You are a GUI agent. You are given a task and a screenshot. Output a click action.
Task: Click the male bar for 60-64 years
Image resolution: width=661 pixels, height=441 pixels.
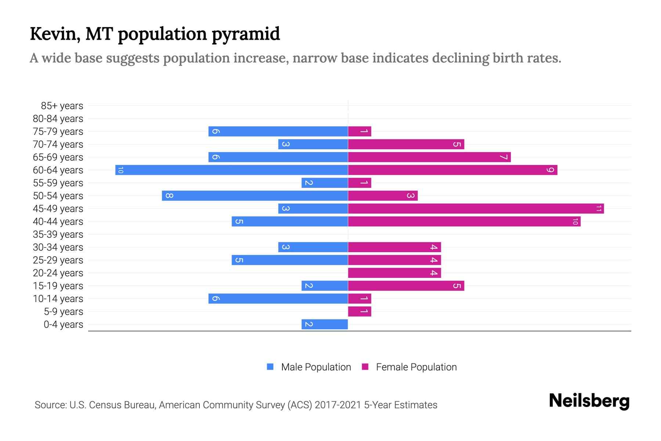[x=231, y=170]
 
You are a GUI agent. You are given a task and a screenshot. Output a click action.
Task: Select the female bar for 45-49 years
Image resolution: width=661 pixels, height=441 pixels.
[x=476, y=208]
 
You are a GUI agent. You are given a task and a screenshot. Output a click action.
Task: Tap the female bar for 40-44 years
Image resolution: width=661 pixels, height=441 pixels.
[x=464, y=221]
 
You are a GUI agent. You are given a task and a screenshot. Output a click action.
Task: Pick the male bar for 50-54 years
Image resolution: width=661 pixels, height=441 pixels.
[x=255, y=196]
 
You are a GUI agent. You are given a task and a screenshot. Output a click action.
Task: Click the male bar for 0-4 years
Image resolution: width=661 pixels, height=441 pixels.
[x=325, y=324]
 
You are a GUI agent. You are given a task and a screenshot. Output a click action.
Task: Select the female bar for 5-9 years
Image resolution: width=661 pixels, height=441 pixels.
[x=360, y=311]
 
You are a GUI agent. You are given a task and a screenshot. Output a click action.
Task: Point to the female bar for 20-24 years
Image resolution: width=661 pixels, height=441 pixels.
[x=394, y=273]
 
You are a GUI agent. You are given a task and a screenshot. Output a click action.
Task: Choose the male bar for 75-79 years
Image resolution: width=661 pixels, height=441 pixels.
[x=278, y=131]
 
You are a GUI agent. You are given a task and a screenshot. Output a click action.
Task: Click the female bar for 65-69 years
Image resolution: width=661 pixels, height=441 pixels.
[x=429, y=157]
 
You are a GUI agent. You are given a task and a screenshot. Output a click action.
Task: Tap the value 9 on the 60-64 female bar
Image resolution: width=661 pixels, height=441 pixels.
[x=550, y=170]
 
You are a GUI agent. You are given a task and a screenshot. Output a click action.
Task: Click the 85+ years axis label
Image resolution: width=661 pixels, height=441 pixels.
[x=62, y=106]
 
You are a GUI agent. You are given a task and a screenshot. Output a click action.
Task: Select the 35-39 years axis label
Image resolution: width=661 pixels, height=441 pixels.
[x=58, y=234]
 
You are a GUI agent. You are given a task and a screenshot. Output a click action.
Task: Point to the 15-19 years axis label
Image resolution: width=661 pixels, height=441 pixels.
[x=58, y=286]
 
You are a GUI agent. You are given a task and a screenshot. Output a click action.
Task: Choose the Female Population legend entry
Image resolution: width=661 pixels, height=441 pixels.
[x=409, y=367]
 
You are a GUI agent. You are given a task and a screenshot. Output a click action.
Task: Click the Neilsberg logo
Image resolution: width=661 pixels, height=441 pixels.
[x=589, y=401]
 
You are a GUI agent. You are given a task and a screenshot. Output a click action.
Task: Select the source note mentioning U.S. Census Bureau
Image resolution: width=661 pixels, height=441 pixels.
[x=236, y=405]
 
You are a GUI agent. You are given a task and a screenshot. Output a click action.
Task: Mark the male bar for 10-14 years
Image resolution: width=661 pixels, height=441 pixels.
[x=278, y=298]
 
